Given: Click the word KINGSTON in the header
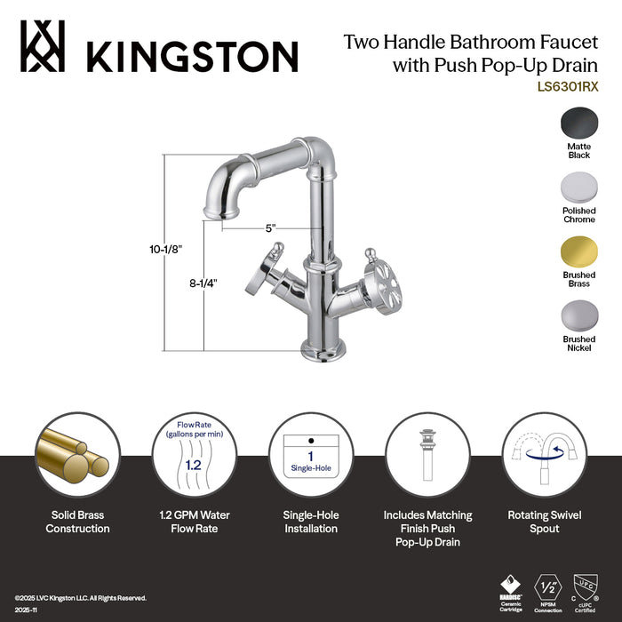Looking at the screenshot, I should click(190, 55).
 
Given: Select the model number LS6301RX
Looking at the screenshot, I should click(568, 87).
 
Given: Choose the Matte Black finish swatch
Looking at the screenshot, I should click(578, 122).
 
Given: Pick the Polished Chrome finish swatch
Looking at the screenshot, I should click(578, 187).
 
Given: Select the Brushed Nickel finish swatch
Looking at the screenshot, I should click(578, 316).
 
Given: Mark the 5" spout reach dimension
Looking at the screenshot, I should click(269, 227).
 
